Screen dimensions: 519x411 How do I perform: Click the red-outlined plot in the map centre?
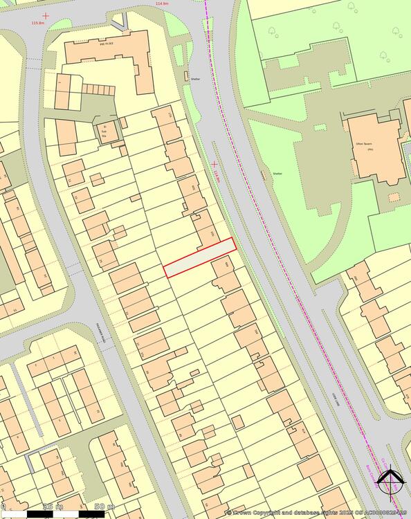(x=200, y=257)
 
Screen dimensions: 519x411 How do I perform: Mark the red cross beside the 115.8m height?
(x=46, y=15)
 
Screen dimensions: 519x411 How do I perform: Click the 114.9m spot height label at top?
(x=163, y=3)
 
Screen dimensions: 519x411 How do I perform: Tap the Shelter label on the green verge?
(x=277, y=174)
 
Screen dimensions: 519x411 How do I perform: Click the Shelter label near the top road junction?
(x=196, y=79)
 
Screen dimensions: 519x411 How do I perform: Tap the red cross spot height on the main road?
(x=214, y=164)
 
